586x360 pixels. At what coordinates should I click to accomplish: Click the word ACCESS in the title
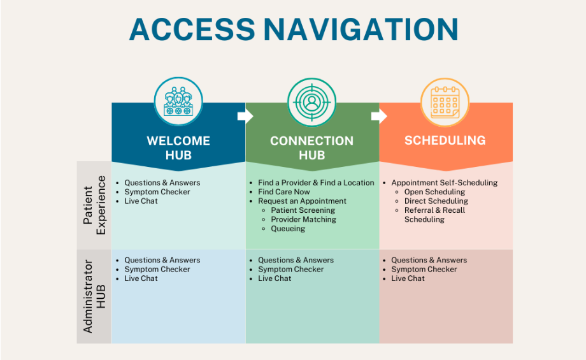coord(192,29)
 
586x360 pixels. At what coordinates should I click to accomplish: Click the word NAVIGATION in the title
coord(361,29)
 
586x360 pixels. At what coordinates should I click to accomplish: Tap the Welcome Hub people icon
coord(178,102)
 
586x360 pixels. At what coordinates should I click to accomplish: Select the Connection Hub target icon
coord(311,102)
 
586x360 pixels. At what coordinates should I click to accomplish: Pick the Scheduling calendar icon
coord(445,102)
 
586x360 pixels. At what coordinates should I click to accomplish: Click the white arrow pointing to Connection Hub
coord(245,116)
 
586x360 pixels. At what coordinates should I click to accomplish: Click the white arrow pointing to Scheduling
coord(379,116)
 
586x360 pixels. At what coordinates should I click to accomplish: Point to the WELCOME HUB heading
coord(178,148)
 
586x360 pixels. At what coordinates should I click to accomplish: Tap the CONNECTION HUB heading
coord(311,148)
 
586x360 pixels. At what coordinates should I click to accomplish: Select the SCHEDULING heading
coord(445,140)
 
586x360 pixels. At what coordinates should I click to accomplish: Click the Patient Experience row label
coord(94,205)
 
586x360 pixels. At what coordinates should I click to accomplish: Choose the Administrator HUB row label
coord(94,296)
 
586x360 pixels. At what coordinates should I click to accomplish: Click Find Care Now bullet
coord(283,192)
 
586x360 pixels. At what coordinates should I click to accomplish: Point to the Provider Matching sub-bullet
coord(303,219)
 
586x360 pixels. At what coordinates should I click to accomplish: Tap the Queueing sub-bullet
coord(288,229)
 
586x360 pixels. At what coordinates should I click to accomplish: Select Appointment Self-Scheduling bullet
coord(445,183)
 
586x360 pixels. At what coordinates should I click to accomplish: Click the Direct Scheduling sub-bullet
coord(436,201)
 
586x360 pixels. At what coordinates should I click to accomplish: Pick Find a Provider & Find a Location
coord(316,183)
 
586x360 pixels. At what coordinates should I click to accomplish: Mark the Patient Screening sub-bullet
coord(303,210)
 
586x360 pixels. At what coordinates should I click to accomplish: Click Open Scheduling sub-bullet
coord(434,192)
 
